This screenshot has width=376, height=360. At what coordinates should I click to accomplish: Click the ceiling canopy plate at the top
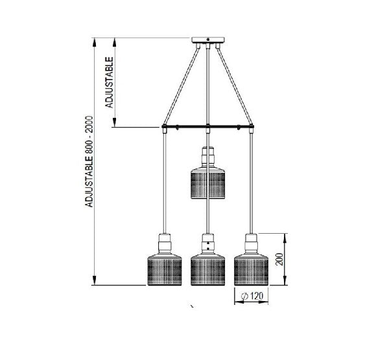(x=207, y=44)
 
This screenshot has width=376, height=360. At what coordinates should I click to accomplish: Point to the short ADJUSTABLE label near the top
(x=110, y=82)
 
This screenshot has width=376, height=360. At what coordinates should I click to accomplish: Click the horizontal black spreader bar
(x=207, y=126)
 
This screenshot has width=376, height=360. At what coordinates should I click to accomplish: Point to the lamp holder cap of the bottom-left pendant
(x=163, y=242)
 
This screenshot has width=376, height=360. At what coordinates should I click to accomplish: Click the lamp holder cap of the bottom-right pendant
(x=250, y=242)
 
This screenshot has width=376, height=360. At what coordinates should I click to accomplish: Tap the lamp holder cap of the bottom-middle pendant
(x=207, y=242)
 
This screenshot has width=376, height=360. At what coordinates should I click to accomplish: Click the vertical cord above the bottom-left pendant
(x=164, y=181)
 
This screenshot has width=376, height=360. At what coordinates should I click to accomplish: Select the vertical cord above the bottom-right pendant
(x=250, y=181)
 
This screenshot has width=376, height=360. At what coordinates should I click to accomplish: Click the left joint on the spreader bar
(x=165, y=128)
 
